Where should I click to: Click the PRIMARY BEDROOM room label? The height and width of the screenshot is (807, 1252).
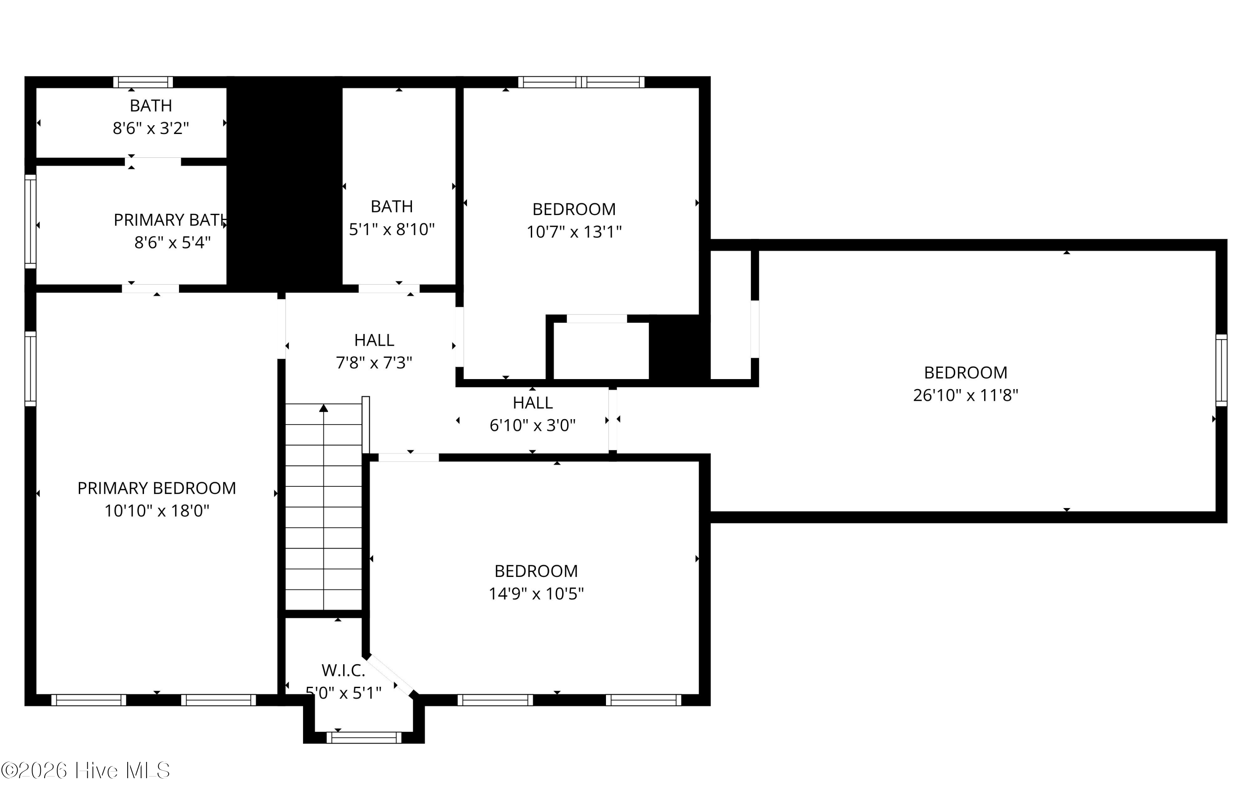coord(156,488)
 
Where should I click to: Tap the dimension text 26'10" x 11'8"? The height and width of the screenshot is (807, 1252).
coord(965,395)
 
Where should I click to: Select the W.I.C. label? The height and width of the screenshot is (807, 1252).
coord(343,670)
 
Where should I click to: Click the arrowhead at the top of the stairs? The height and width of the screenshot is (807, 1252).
coord(324,408)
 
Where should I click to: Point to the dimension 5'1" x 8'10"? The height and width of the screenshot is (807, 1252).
coord(392,230)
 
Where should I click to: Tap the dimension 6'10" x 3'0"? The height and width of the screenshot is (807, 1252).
coord(532,425)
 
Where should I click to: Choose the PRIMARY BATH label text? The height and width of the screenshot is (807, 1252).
coord(170,220)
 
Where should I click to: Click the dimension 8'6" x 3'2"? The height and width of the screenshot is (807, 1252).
coord(151,128)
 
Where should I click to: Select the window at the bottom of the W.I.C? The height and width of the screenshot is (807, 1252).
coord(363,738)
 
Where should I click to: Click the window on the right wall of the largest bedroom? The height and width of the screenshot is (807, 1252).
coord(1221,370)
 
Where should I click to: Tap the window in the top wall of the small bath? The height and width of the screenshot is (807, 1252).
coord(143,82)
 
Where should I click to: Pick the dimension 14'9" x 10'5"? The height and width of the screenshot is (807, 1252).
coord(536,594)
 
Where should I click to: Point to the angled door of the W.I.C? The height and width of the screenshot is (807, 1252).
coord(390,676)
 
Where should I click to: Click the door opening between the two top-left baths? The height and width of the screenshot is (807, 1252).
coord(153,162)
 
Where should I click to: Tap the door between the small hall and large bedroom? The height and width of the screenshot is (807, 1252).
coord(612,420)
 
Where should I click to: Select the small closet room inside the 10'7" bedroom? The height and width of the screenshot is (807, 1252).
coord(601,350)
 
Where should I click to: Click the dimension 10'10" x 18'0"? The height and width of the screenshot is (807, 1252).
coord(156,511)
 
